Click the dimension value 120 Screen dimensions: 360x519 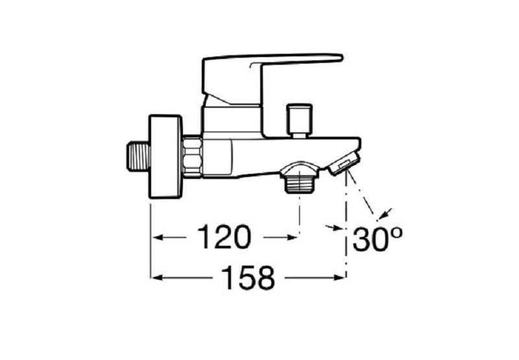point(224,237)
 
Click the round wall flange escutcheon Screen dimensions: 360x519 point(165,158)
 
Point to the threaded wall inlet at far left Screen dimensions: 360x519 point(136,158)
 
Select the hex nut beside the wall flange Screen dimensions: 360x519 point(193,158)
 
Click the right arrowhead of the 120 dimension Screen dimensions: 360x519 point(293,238)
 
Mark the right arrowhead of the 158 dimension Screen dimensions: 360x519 point(340,278)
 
